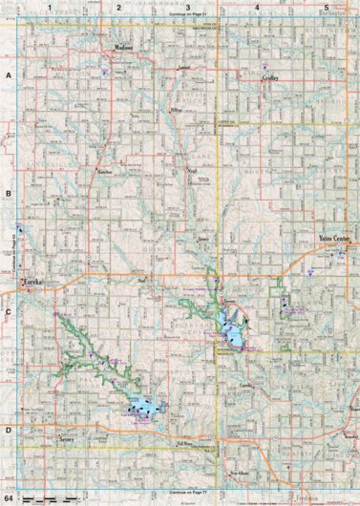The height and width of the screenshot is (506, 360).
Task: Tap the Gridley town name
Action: pyautogui.click(x=270, y=81)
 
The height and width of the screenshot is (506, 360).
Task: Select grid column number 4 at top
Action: pyautogui.click(x=257, y=8)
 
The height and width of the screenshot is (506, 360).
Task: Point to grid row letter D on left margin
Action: pyautogui.click(x=8, y=429)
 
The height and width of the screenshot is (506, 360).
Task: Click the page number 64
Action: pyautogui.click(x=10, y=498)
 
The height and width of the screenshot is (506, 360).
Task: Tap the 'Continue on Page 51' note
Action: pyautogui.click(x=187, y=16)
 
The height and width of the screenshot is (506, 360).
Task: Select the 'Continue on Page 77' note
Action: pyautogui.click(x=187, y=490)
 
